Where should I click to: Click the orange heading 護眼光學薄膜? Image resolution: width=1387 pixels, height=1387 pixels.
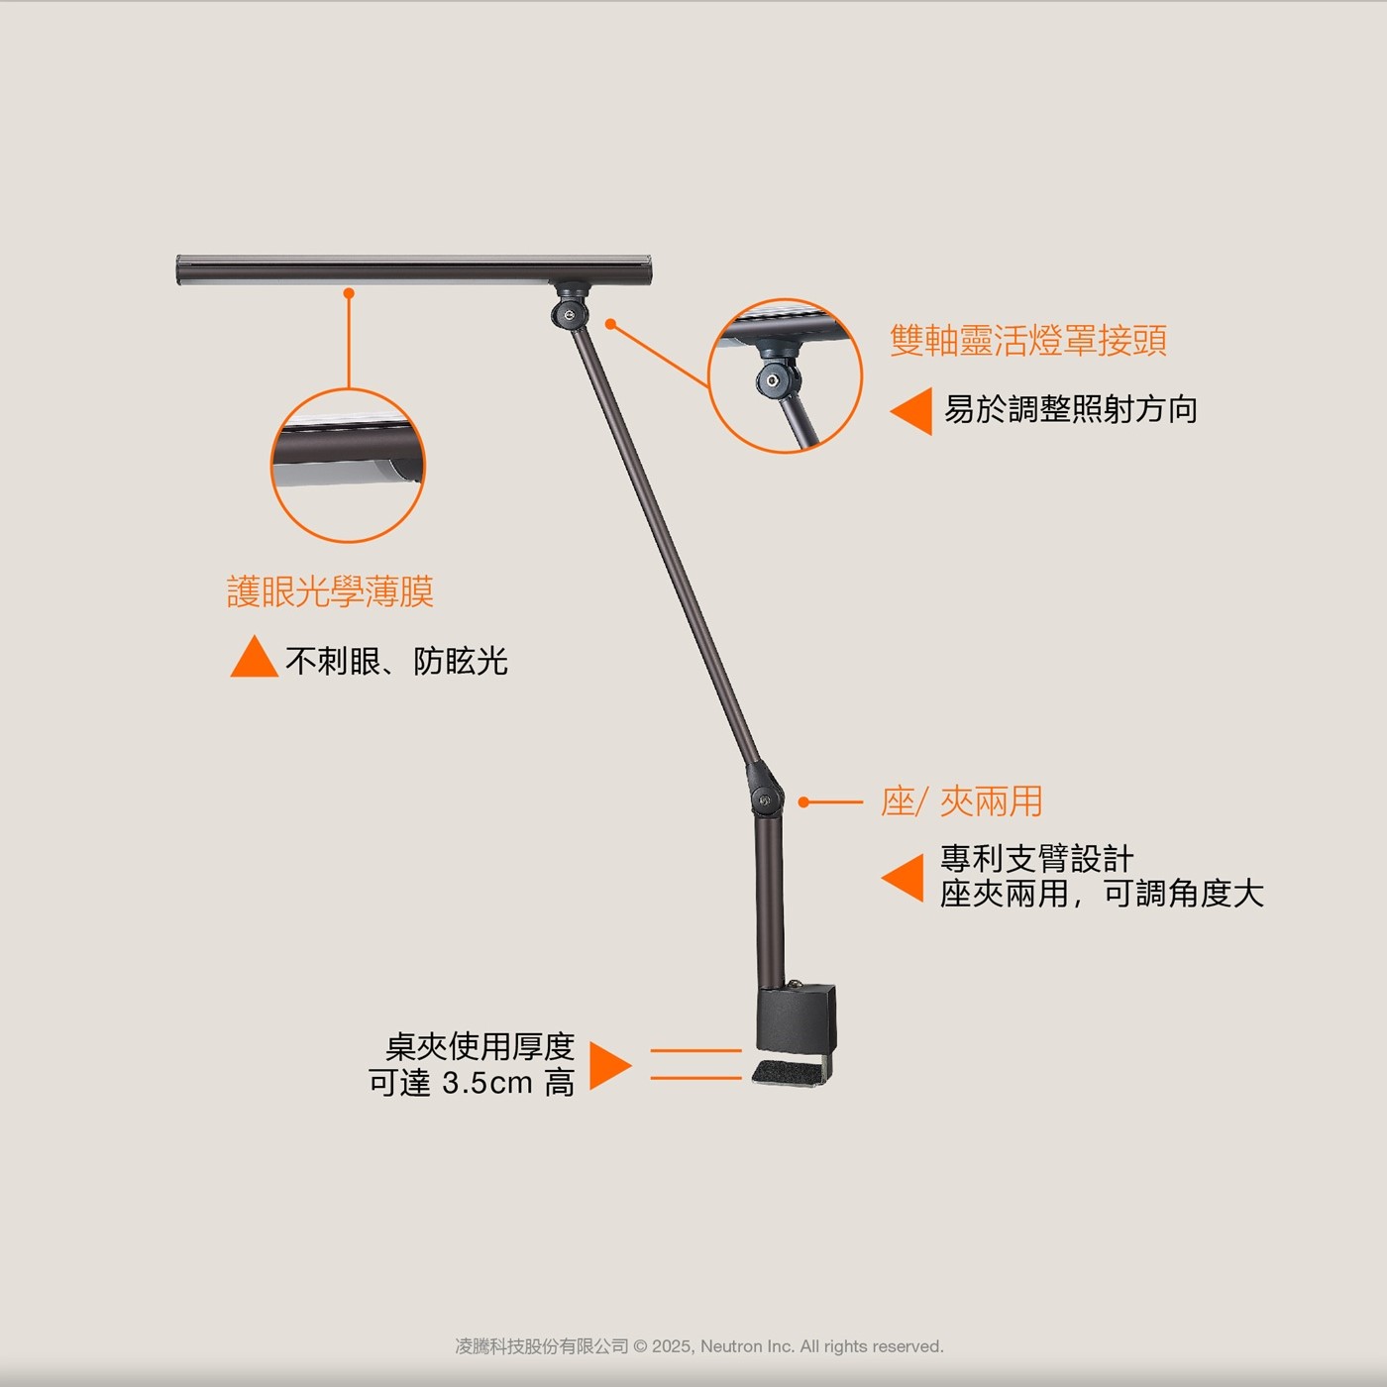(x=331, y=591)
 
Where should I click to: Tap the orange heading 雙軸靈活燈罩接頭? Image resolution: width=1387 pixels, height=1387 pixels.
(x=1027, y=341)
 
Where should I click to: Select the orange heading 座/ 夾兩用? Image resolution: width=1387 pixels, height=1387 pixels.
(x=961, y=801)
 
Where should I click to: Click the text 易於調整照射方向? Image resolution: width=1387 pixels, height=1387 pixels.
(x=1070, y=409)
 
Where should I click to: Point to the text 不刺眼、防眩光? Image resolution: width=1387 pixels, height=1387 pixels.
(x=396, y=661)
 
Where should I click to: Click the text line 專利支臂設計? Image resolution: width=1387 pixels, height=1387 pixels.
(x=1036, y=858)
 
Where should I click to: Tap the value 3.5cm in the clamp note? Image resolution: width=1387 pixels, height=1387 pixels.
(x=486, y=1083)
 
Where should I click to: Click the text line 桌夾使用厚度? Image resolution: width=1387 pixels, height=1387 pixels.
(x=480, y=1046)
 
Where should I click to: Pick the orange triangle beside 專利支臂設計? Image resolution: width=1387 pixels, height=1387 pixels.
(x=905, y=878)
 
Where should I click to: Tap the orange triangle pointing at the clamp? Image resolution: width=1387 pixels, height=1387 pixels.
(x=609, y=1065)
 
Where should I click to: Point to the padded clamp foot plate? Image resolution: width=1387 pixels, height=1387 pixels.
(x=791, y=1072)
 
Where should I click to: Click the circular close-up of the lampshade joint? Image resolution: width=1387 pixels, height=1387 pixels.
(x=785, y=376)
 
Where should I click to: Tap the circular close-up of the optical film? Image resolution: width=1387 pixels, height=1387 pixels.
(x=348, y=466)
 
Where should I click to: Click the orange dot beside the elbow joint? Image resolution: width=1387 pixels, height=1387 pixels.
(x=804, y=801)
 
